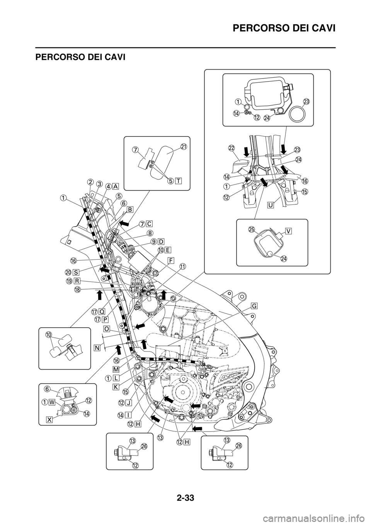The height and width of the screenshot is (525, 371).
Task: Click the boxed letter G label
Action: (x=254, y=306)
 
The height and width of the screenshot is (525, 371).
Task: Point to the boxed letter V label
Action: (x=289, y=231)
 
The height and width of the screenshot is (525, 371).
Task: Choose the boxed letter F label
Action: (x=171, y=260)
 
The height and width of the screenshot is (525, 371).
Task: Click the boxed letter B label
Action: (x=130, y=209)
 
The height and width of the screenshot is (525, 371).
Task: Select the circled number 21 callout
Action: (x=184, y=146)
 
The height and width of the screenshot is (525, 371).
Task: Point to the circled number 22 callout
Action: (x=231, y=148)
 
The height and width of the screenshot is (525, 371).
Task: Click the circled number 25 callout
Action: (x=252, y=229)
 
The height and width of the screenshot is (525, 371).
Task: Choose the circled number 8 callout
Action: (x=150, y=233)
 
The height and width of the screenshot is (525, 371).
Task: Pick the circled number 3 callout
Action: (x=99, y=184)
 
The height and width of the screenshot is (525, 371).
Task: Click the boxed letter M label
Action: (x=116, y=369)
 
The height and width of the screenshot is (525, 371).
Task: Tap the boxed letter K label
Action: (x=116, y=386)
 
